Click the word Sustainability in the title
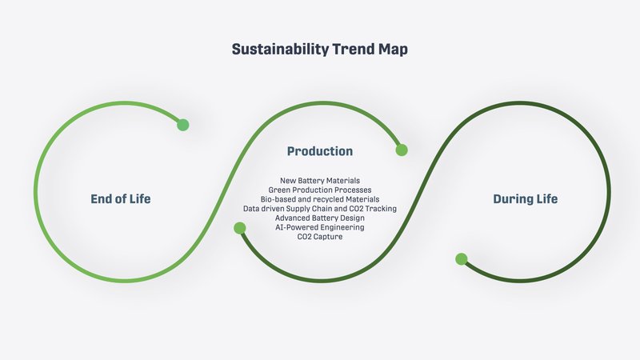point(280,50)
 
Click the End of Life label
point(121,198)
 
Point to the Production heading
point(320,151)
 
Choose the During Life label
point(526,198)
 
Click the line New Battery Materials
point(320,181)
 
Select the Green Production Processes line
point(320,190)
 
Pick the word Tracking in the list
point(381,209)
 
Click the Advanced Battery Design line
point(320,218)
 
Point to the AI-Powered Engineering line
point(320,227)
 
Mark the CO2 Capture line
point(320,237)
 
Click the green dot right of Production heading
point(402,150)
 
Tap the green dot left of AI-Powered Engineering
point(239,228)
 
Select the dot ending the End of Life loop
point(183,125)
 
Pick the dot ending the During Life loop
point(462,259)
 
